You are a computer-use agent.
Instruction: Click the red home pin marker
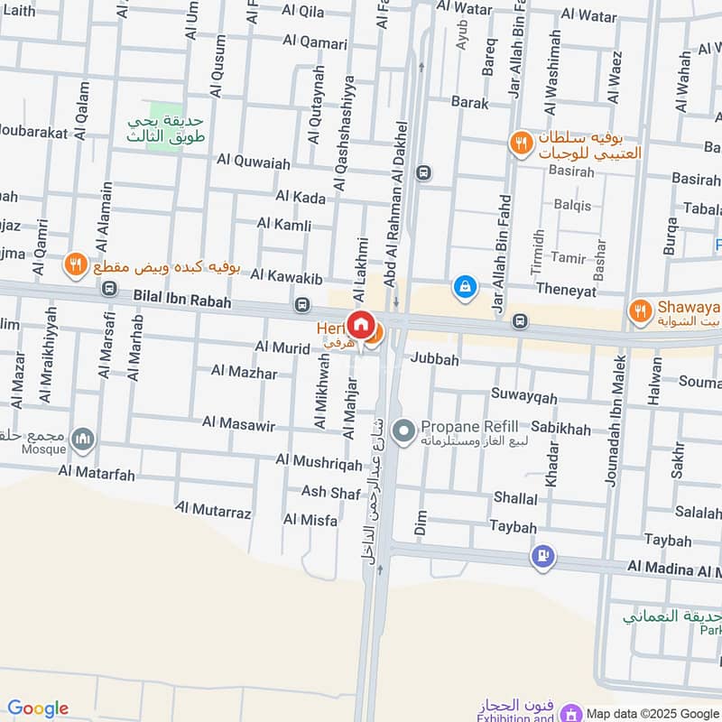tap(362, 325)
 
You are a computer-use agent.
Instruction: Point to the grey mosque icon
tap(84, 440)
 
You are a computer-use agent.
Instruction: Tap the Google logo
tap(38, 708)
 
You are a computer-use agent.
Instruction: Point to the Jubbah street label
tap(435, 359)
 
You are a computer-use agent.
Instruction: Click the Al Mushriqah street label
tap(319, 462)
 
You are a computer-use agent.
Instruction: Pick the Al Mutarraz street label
tap(213, 512)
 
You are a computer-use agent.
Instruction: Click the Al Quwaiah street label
tap(254, 162)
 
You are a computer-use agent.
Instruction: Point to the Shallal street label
tap(515, 498)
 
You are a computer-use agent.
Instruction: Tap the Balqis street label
tap(572, 205)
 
